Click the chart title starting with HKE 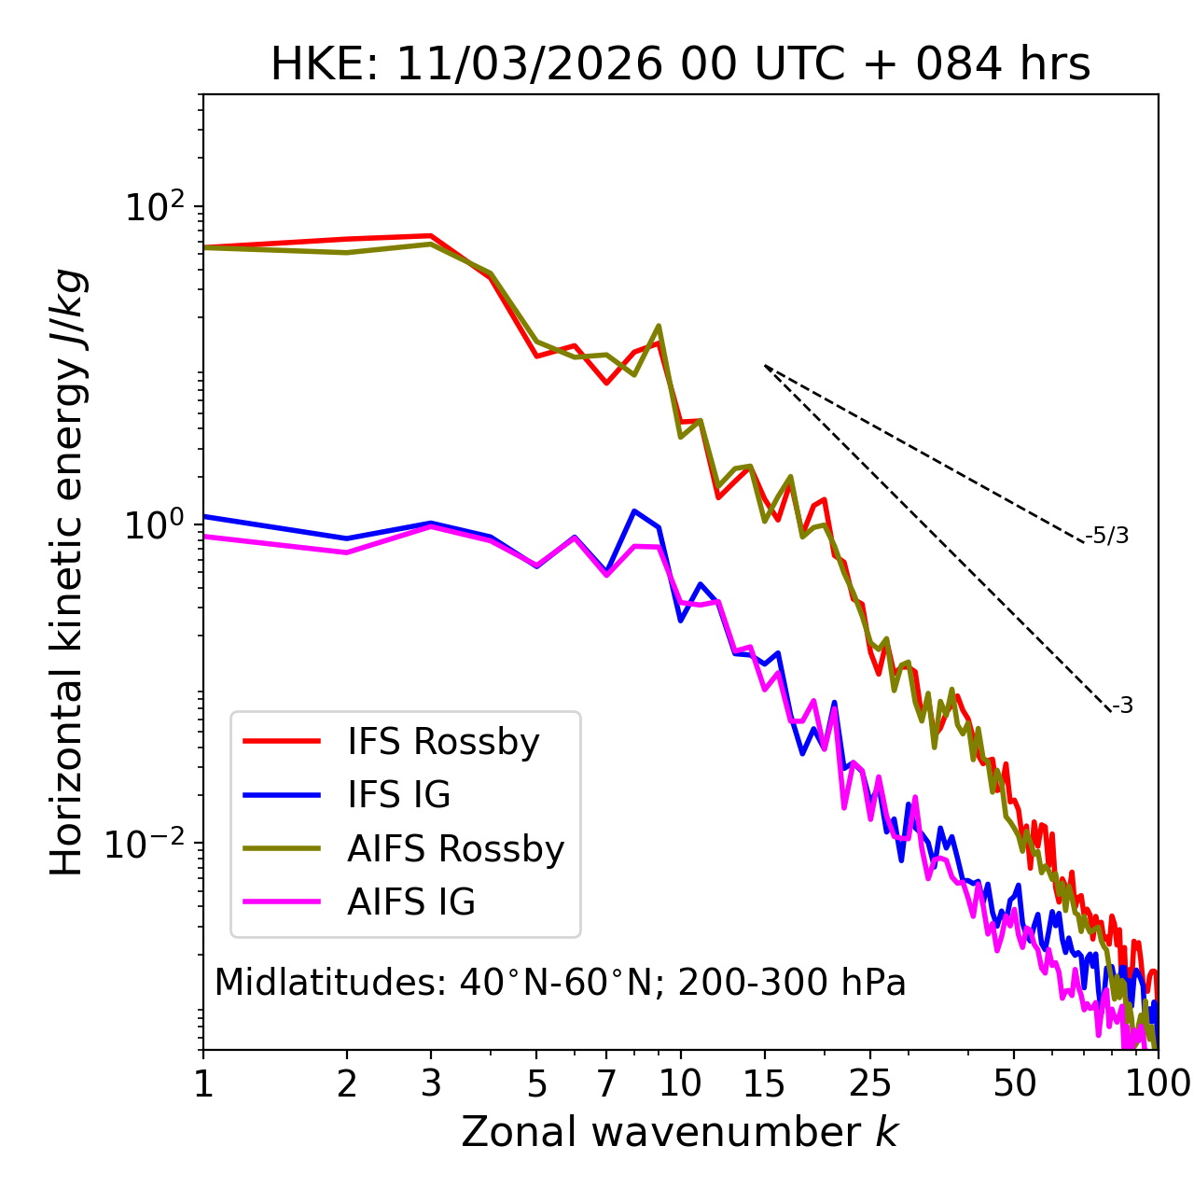click(680, 65)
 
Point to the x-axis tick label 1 click(203, 1083)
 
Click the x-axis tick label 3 click(431, 1083)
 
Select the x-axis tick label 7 click(606, 1083)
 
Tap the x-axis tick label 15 click(764, 1083)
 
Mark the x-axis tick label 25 click(870, 1083)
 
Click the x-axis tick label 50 click(1014, 1083)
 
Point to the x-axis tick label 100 click(1157, 1083)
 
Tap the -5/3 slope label click(1107, 536)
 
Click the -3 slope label click(1122, 706)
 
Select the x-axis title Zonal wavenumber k click(680, 1132)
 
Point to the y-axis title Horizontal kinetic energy click(67, 572)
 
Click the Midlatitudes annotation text click(560, 983)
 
